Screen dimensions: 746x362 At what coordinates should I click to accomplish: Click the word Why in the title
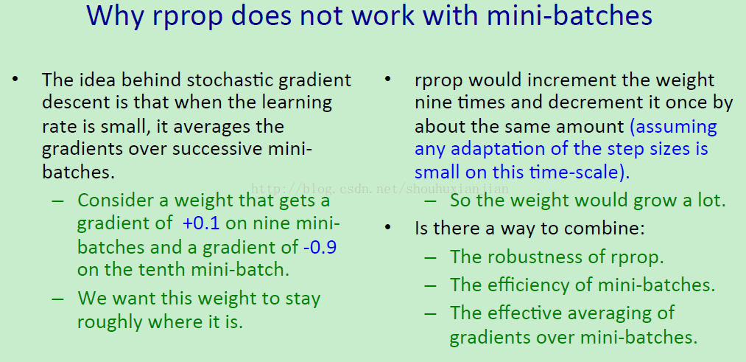(116, 15)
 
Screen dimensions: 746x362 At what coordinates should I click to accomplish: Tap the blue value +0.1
(201, 223)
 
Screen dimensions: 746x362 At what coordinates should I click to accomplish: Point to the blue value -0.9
(320, 247)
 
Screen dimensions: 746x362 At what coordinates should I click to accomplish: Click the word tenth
(163, 270)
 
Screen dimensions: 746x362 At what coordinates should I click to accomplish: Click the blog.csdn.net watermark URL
(380, 189)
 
